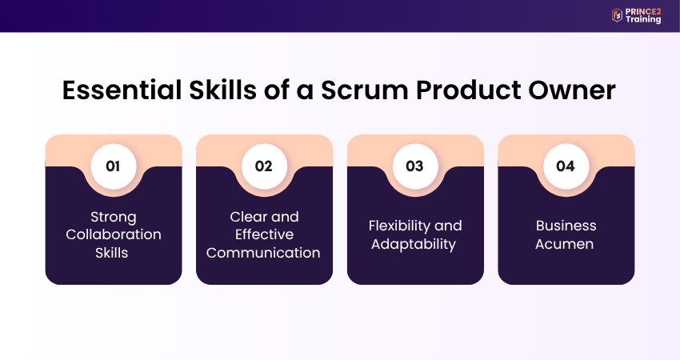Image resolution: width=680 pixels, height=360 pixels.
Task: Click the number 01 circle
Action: click(113, 166)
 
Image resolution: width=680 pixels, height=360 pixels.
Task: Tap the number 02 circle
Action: click(264, 166)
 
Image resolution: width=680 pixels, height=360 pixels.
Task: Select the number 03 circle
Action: click(414, 166)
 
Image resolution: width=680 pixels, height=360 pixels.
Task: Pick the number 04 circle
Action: click(566, 166)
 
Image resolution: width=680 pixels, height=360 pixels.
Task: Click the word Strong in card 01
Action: click(113, 217)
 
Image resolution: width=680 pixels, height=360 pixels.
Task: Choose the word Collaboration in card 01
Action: click(113, 234)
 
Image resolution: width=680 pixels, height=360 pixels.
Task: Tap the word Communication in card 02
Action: click(264, 253)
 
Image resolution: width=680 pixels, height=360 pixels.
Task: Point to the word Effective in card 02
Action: click(264, 234)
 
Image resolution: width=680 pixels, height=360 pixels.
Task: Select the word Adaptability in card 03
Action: click(414, 244)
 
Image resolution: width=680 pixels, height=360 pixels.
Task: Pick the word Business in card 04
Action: click(566, 226)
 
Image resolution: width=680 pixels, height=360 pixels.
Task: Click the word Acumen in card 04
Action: click(566, 244)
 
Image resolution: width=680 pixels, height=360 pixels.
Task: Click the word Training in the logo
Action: click(643, 19)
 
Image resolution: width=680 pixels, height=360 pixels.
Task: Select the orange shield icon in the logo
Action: click(617, 14)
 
